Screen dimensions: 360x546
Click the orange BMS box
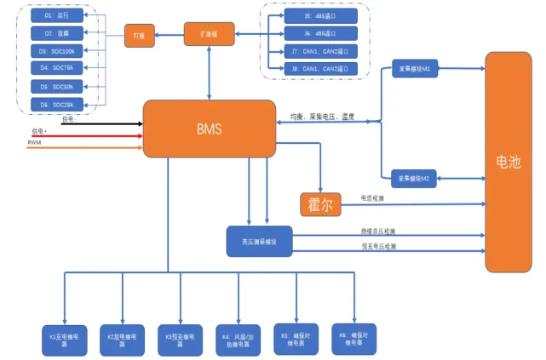click(x=209, y=129)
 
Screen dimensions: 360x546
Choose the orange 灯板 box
click(x=135, y=35)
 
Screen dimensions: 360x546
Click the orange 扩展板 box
click(x=209, y=34)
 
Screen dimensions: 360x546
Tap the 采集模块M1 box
click(x=413, y=70)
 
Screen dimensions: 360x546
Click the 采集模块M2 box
click(x=413, y=178)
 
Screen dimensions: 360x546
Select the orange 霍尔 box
click(x=320, y=204)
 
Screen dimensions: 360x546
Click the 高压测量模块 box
click(x=259, y=241)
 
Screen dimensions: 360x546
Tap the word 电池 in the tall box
click(x=509, y=162)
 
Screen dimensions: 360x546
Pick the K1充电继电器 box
click(x=64, y=339)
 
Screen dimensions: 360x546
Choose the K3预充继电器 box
click(x=181, y=339)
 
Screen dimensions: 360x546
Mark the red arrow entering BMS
click(x=85, y=135)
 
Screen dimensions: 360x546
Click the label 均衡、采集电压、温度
click(x=321, y=117)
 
